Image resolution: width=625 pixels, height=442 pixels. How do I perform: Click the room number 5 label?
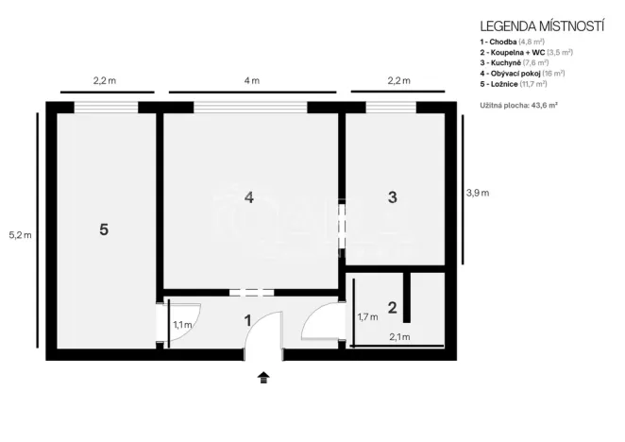click(x=104, y=229)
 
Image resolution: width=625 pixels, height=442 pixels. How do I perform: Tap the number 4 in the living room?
click(x=248, y=197)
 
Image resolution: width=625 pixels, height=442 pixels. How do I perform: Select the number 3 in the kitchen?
click(x=393, y=197)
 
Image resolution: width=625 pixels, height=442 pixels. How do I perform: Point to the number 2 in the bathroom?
click(x=393, y=306)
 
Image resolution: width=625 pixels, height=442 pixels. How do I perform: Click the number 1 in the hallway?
click(x=248, y=320)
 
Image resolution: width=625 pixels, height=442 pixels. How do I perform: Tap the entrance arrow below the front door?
click(x=263, y=379)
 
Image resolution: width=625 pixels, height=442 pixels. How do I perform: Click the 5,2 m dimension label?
click(x=20, y=234)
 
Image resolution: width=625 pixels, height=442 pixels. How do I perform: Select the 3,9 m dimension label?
click(x=477, y=193)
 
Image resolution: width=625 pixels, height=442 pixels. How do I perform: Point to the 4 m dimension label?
click(x=250, y=81)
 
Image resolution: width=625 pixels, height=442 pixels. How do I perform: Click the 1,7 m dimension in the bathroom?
click(x=366, y=317)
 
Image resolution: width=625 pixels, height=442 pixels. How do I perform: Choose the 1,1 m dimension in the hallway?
click(x=182, y=326)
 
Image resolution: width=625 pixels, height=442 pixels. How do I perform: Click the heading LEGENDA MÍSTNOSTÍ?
click(x=542, y=26)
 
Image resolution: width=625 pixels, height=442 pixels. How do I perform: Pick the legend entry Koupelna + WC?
click(x=526, y=53)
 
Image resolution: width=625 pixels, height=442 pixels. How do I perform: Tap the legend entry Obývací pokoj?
click(x=522, y=73)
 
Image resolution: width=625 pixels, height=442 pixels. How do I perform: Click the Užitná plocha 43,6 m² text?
click(x=518, y=103)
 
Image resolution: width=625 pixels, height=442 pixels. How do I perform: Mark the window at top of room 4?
click(x=250, y=107)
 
